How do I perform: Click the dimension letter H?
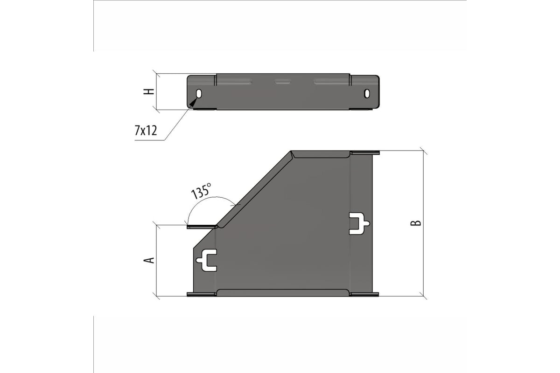tap(148, 92)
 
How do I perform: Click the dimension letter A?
tap(149, 260)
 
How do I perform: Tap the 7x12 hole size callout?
tap(146, 131)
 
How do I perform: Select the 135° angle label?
tap(201, 191)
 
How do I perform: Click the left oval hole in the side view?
tap(199, 94)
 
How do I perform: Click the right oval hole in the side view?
tap(367, 93)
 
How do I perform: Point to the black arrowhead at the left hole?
tap(194, 102)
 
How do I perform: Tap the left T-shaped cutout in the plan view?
tap(207, 260)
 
